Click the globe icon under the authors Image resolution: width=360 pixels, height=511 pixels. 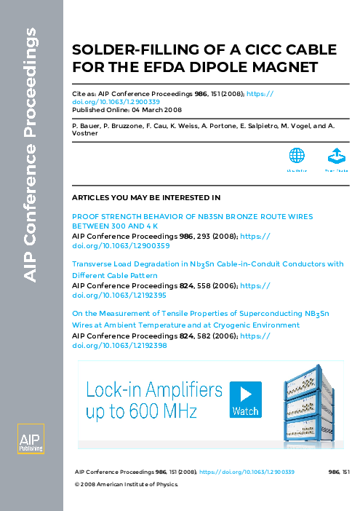296,156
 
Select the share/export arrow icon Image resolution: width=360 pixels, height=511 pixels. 336,156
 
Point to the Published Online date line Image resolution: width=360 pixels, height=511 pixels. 127,110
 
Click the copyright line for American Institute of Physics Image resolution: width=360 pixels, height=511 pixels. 127,483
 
